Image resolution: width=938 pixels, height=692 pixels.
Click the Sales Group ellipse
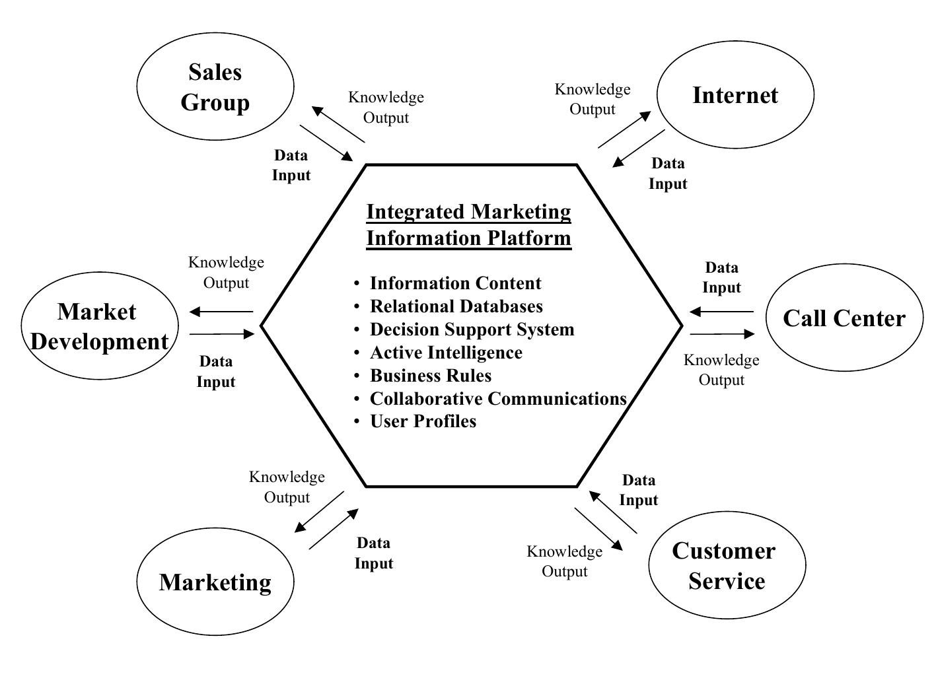pos(215,86)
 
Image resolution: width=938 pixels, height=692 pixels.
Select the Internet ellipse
pos(735,95)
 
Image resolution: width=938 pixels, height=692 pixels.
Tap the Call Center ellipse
pos(844,318)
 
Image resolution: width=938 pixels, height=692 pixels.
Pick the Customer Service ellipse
pos(727,565)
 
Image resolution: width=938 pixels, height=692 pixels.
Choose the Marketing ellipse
pos(215,582)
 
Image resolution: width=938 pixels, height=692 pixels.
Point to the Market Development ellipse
pos(100,326)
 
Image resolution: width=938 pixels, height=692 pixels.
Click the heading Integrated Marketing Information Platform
pos(468,225)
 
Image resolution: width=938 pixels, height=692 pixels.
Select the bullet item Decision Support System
pos(472,329)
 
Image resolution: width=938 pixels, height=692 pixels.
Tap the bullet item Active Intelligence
pos(446,352)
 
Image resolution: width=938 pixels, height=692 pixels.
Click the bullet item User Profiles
pos(423,421)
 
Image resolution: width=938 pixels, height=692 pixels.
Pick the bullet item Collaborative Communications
pos(497,398)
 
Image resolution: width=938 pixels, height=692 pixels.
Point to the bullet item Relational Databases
pos(456,306)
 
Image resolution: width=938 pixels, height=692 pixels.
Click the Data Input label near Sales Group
pos(291,165)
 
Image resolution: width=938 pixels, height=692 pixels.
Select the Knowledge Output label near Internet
pos(593,99)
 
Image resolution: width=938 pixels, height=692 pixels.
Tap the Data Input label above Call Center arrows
pos(721,277)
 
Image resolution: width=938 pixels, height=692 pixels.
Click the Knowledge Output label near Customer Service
pos(564,561)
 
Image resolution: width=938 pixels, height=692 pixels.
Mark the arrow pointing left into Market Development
pos(221,312)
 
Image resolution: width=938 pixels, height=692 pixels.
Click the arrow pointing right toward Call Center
pos(721,334)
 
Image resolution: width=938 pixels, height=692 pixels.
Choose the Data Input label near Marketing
pos(374,553)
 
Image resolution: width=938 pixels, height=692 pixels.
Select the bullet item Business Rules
pos(431,375)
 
